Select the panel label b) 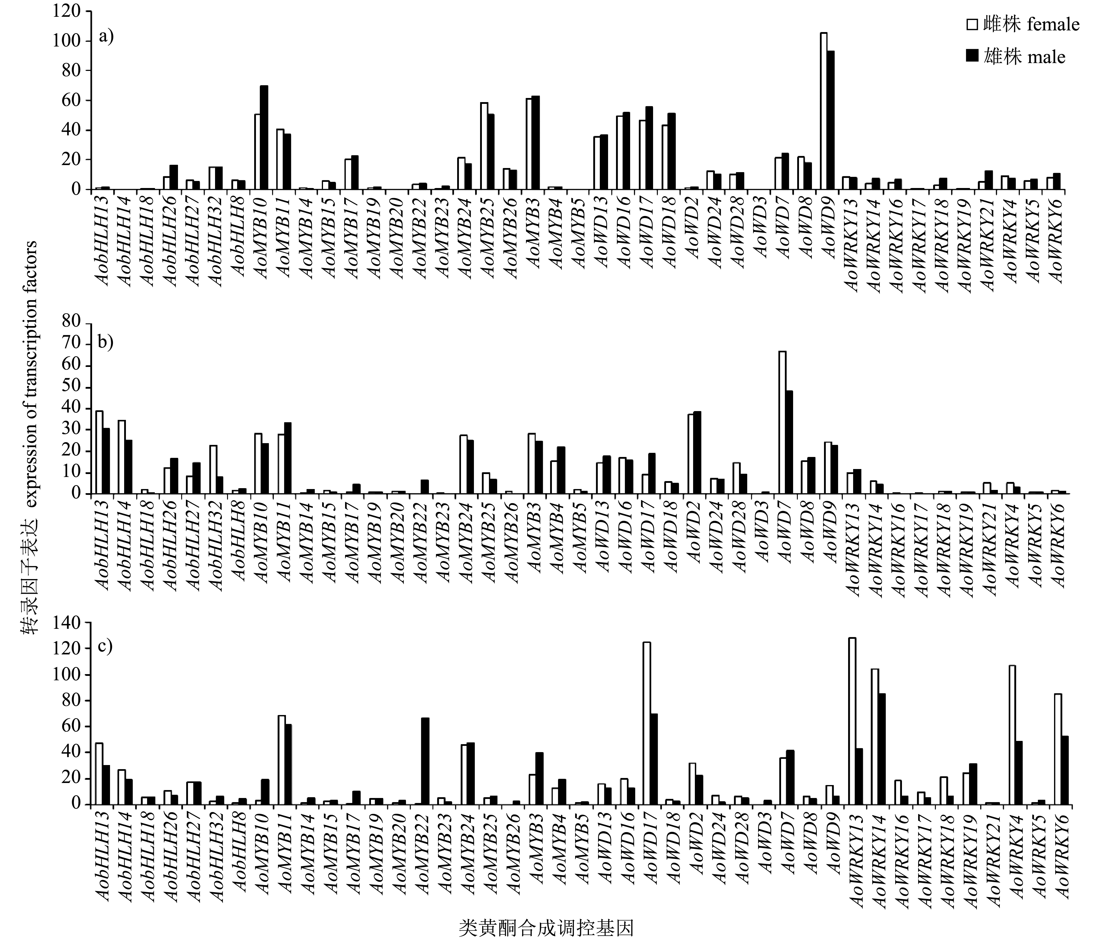[x=106, y=341]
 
